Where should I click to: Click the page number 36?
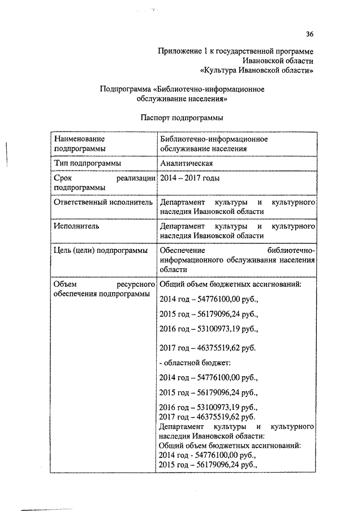(x=309, y=34)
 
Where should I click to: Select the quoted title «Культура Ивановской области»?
(x=258, y=71)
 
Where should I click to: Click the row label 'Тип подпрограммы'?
(x=87, y=163)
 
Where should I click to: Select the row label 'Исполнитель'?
(x=76, y=226)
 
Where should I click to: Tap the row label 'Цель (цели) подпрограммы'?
(x=101, y=250)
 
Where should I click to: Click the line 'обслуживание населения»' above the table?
(x=182, y=98)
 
